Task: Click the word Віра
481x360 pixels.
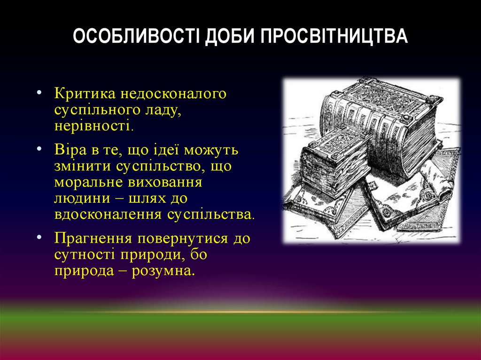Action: [70, 150]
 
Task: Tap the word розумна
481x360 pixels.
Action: [163, 271]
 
